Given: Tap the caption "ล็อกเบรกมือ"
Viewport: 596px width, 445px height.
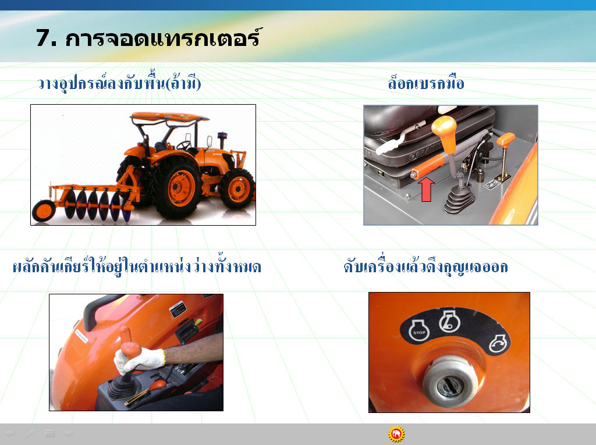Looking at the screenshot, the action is coord(426,83).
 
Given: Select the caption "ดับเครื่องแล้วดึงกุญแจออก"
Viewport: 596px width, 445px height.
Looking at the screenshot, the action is coord(425,267).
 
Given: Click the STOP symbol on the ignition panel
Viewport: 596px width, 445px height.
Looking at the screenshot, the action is coord(419,330).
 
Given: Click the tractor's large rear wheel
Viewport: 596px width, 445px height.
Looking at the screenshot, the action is coord(178,187).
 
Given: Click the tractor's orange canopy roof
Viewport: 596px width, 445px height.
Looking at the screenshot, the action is coord(169,117).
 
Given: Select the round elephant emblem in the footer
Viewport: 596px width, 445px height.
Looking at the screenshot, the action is coord(396,434).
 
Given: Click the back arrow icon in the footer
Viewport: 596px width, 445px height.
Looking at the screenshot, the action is coord(9,433).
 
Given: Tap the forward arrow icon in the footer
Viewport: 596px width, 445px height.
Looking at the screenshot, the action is coord(69,433).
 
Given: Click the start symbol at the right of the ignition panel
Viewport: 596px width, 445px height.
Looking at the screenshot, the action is coord(498,344).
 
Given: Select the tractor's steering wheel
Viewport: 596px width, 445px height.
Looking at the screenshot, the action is coord(184,145).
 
